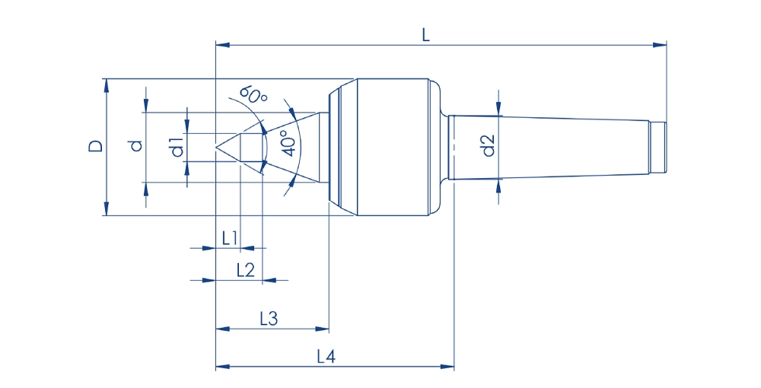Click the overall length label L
point(425,34)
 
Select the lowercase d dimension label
point(135,145)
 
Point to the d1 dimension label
point(177,146)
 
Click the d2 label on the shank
point(489,145)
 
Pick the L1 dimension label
point(231,237)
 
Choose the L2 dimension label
point(245,269)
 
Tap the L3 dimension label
point(268,319)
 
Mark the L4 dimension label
point(325,356)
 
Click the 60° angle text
point(254,95)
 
